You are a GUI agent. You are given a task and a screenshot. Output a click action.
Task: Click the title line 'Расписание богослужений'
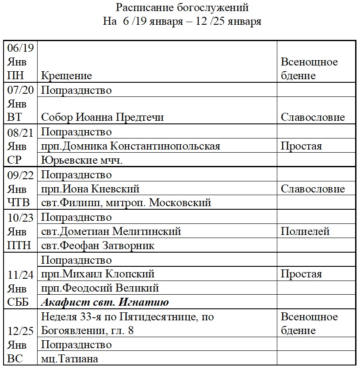pos(182,8)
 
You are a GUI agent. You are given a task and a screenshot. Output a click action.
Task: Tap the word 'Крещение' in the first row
pos(67,76)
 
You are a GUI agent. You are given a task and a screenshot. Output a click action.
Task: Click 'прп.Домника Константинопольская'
pos(131,146)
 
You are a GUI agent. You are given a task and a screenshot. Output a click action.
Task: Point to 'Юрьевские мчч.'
pos(82,160)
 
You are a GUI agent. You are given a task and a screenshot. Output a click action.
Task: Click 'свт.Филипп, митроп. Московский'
pos(126,203)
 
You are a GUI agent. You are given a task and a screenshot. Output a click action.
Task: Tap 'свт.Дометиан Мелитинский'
pos(111,231)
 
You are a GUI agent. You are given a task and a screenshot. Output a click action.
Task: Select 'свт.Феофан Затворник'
pos(98,246)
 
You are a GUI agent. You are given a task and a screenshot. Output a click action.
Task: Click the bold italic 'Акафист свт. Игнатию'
pos(105,303)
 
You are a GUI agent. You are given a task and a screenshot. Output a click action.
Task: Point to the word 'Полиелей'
pos(305,231)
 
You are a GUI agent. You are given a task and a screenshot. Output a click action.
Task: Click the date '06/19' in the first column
pos(21,47)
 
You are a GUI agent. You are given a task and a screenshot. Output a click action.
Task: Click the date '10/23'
pos(21,218)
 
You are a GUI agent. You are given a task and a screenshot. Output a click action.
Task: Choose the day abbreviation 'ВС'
pos(15,359)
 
